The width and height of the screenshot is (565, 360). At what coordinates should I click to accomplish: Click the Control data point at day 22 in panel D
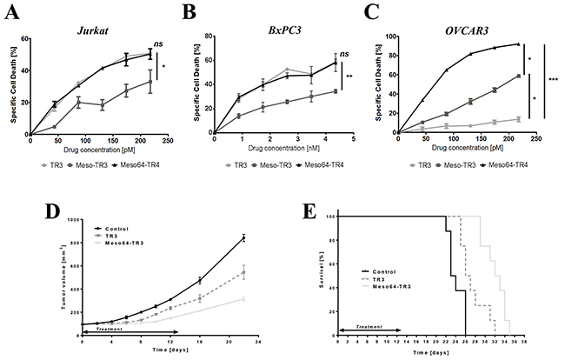click(243, 237)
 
